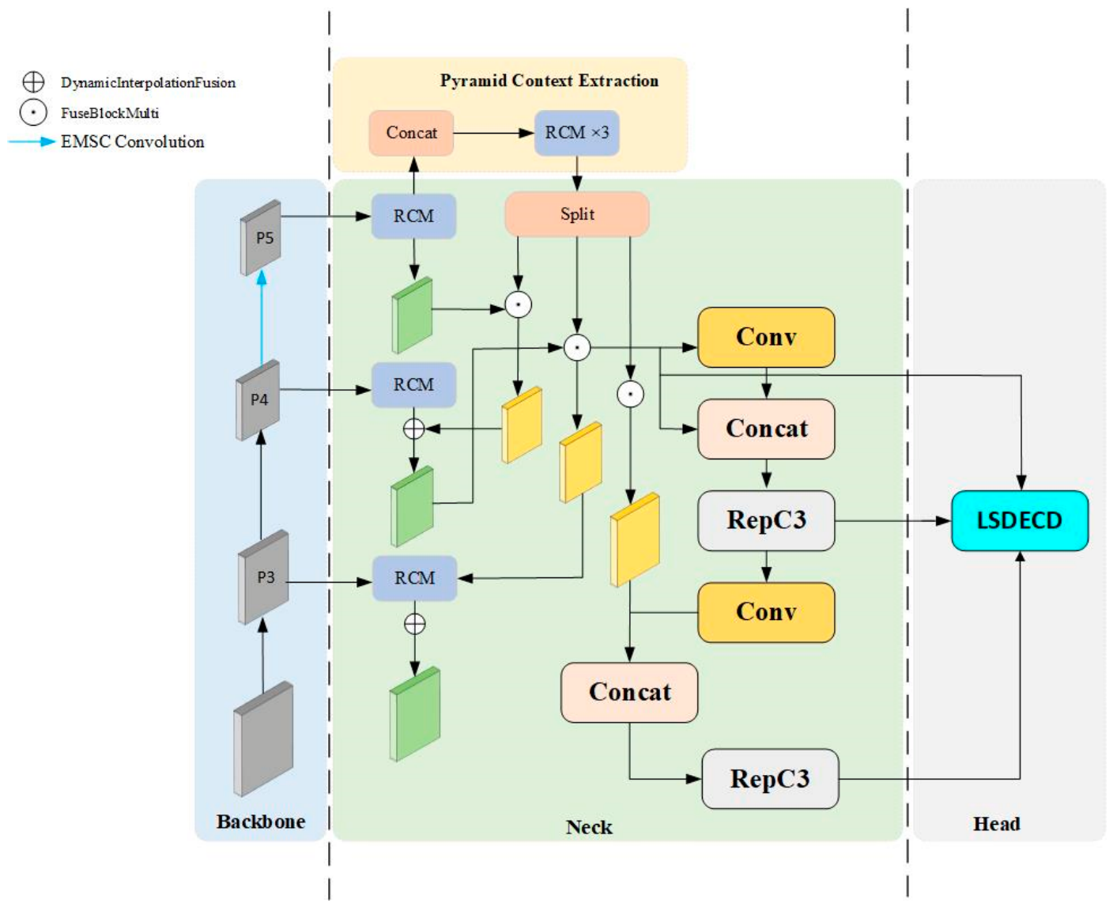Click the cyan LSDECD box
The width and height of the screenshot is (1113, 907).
1019,520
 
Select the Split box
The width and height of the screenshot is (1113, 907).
577,214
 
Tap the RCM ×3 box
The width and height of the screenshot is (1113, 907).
577,133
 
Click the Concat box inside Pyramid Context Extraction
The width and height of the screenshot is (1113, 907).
411,133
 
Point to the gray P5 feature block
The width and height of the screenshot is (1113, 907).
260,237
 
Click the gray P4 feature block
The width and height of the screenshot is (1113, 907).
257,400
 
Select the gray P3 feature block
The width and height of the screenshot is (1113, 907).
263,576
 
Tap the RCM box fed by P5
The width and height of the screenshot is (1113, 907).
413,216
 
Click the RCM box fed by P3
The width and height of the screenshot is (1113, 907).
414,578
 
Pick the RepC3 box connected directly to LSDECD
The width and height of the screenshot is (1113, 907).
766,520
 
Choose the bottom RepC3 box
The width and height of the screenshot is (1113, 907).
770,778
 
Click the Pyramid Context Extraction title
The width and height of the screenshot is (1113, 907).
549,81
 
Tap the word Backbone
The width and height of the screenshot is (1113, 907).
261,822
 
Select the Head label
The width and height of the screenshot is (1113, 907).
997,824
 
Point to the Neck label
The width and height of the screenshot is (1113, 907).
589,827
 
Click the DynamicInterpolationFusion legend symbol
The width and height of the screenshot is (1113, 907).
33,82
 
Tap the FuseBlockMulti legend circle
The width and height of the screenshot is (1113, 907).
33,112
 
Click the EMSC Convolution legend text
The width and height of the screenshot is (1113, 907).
133,142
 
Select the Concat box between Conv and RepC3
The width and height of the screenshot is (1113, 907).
766,429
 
